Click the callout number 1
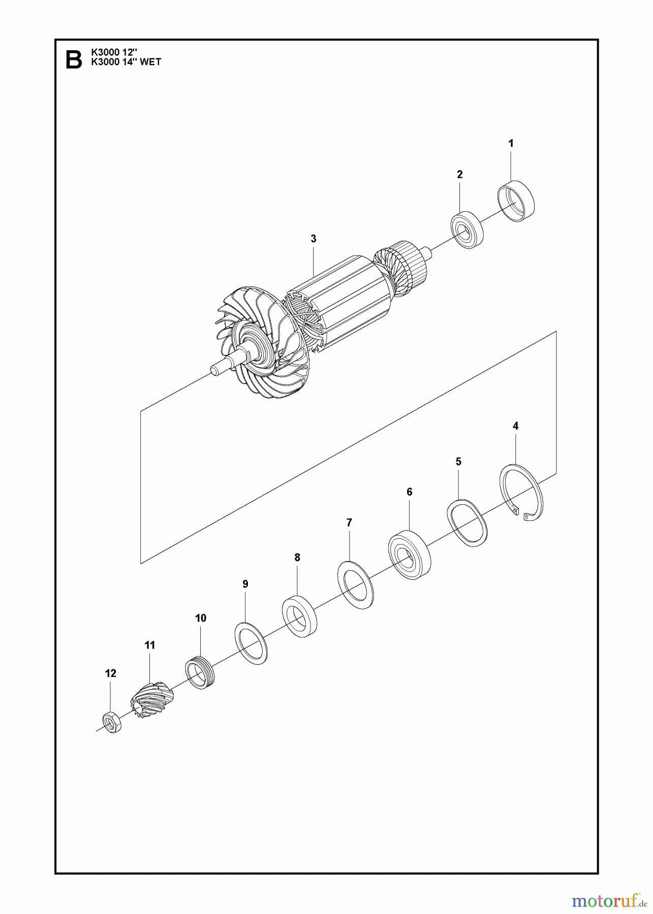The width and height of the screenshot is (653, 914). click(x=511, y=144)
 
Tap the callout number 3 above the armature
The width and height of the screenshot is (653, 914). click(x=314, y=239)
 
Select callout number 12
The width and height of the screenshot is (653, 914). click(x=110, y=673)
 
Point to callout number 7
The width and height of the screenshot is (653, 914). click(x=349, y=523)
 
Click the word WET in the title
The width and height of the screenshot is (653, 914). click(x=150, y=62)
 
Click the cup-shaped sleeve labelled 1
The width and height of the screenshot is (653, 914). click(x=516, y=202)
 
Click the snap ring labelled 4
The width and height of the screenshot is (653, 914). click(x=522, y=493)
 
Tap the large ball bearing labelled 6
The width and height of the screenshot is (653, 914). click(x=410, y=556)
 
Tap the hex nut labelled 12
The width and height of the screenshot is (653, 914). click(x=112, y=722)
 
